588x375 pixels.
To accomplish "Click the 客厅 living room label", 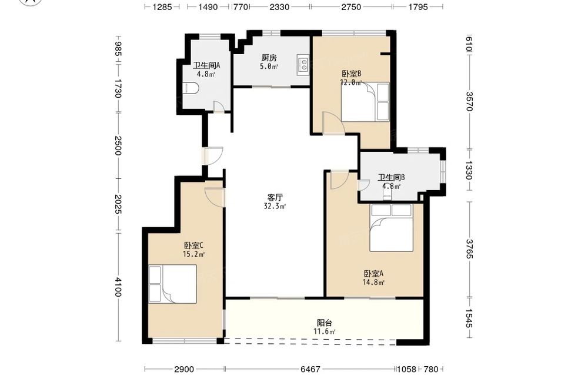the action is coord(275,197).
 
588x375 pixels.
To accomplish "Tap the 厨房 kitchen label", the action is coord(269,58).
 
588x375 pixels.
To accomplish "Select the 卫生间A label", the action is coord(206,65).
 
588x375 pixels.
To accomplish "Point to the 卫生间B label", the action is coord(391,178).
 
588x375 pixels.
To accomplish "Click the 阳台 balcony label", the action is coord(325,323).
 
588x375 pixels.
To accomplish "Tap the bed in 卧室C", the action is coord(172,284).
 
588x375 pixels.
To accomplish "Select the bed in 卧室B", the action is coord(365,102).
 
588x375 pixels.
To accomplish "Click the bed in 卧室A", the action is coord(391,228).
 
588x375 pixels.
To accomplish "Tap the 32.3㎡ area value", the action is coord(275,206).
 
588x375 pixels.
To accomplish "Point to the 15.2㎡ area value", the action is coord(193,254).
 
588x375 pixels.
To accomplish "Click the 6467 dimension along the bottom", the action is coord(310,369).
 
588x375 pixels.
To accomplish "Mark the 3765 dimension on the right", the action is coord(469,248).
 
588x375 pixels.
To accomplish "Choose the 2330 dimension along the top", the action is coord(279,6).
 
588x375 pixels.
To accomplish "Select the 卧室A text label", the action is coord(373,274).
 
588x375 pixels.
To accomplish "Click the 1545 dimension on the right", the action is coord(469,318).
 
